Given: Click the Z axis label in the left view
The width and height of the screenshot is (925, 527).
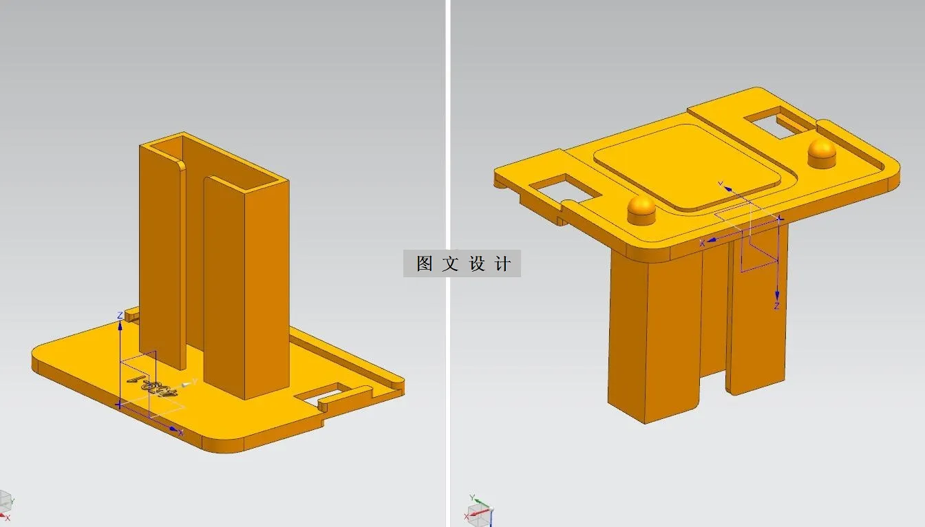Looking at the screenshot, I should pyautogui.click(x=120, y=316).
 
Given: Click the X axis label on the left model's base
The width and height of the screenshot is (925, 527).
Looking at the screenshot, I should pyautogui.click(x=181, y=433).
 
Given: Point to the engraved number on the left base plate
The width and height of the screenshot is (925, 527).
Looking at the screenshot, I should pyautogui.click(x=152, y=379).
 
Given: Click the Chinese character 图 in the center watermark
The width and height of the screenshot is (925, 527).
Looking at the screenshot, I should pyautogui.click(x=424, y=263).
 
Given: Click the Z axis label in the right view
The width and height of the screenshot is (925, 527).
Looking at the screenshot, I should pyautogui.click(x=776, y=306).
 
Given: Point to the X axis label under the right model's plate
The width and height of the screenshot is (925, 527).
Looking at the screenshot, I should pyautogui.click(x=702, y=244).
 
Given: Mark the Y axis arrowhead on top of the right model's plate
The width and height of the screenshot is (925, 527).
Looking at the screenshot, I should pyautogui.click(x=725, y=186).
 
